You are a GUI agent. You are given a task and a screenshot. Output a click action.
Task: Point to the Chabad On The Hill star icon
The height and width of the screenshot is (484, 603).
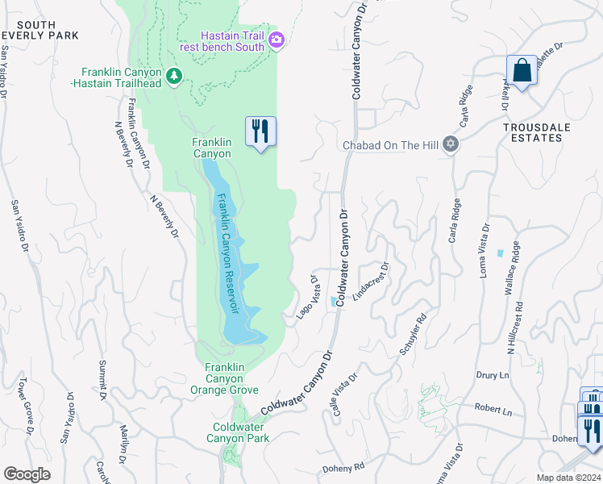tap(451, 144)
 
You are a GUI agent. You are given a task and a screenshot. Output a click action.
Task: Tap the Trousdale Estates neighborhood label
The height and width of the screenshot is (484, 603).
tap(531, 132)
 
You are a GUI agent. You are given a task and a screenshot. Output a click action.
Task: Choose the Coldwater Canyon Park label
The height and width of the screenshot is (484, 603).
tap(241, 432)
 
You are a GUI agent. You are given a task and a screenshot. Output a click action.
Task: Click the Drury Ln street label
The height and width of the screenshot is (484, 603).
tap(493, 376)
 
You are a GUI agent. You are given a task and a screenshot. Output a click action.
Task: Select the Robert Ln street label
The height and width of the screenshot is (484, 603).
tap(493, 411)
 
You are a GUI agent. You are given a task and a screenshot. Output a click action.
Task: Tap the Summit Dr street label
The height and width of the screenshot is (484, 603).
tap(102, 382)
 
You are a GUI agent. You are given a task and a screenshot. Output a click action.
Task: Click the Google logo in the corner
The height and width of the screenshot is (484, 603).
tap(27, 474)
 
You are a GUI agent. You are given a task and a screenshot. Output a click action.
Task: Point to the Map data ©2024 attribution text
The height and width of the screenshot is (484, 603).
tap(568, 478)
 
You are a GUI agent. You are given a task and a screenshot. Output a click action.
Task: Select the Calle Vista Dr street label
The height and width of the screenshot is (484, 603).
tap(343, 396)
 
